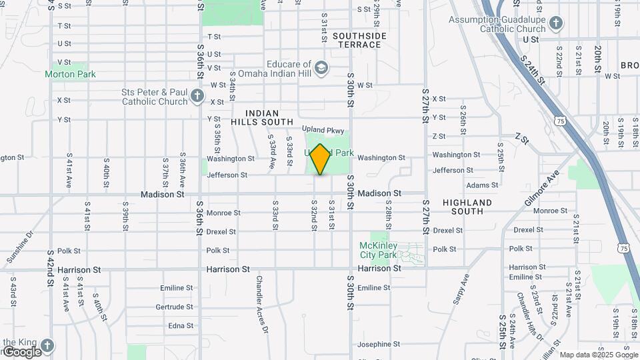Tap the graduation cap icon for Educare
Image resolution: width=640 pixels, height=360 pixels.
[321, 68]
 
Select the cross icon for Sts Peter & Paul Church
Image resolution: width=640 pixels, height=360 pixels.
[197, 97]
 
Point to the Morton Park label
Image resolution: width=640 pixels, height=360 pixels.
[70, 74]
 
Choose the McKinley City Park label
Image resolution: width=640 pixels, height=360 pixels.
[378, 250]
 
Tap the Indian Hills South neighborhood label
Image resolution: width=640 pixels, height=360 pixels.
[262, 118]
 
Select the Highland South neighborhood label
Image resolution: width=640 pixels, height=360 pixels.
[467, 207]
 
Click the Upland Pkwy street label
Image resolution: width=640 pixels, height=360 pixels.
[323, 130]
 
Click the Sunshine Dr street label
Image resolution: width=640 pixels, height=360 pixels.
[20, 248]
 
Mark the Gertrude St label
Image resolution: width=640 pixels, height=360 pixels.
[174, 307]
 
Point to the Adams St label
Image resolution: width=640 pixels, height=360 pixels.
[482, 185]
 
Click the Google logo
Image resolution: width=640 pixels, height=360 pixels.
[21, 352]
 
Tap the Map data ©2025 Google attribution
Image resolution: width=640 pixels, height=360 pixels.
[599, 355]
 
